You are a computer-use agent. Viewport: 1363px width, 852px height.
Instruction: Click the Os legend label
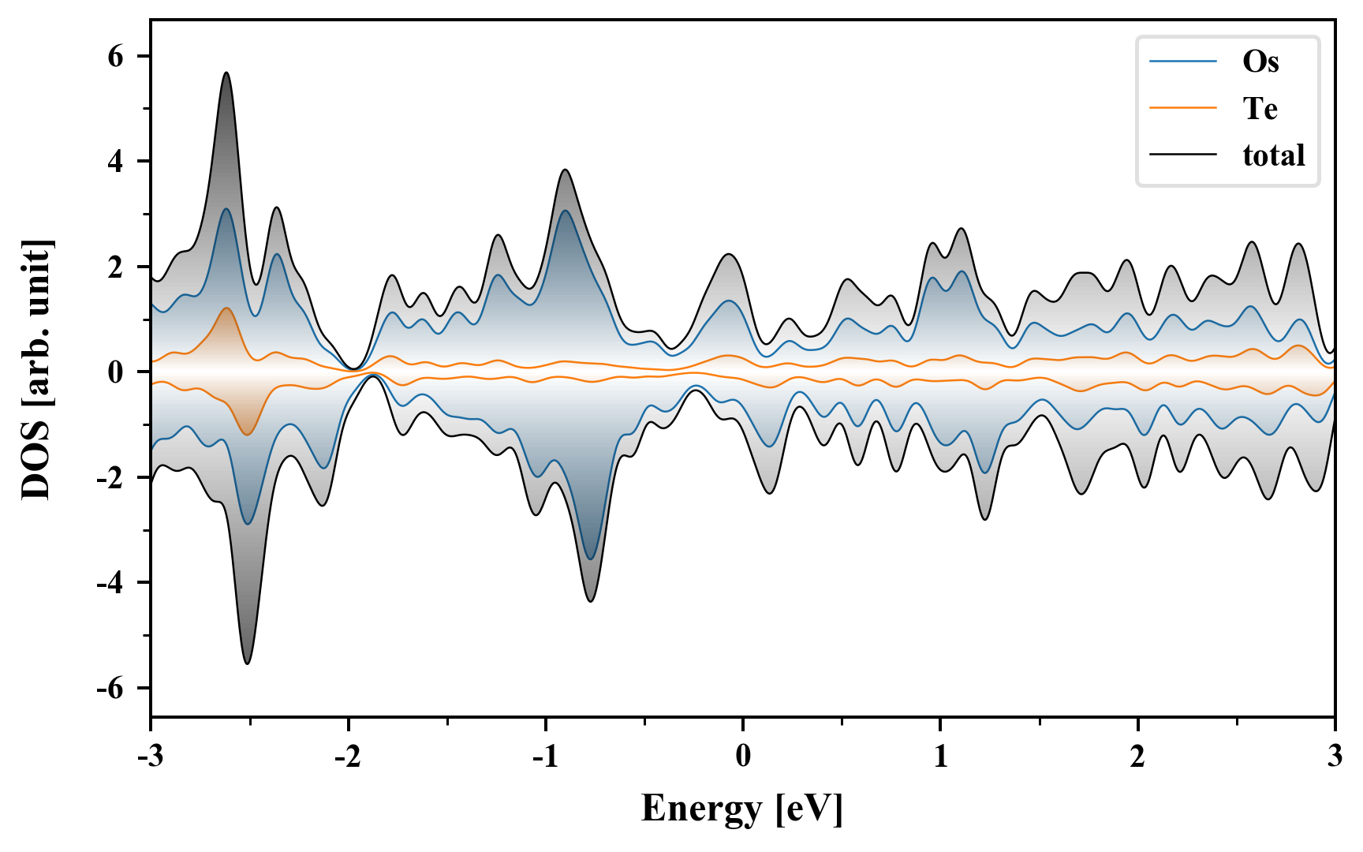click(1260, 62)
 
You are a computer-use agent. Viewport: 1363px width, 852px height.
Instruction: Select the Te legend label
click(1260, 108)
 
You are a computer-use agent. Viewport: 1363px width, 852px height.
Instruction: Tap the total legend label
click(1274, 155)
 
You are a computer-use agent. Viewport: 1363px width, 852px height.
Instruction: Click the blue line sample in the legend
click(1183, 62)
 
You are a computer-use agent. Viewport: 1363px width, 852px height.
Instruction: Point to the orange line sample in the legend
click(1183, 108)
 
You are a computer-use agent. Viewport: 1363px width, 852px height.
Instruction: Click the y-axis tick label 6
click(117, 57)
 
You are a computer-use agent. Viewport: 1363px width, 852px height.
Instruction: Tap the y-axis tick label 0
click(117, 372)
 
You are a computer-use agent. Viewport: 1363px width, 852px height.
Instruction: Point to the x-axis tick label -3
click(151, 757)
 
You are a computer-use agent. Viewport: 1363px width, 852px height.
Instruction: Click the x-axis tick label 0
click(743, 757)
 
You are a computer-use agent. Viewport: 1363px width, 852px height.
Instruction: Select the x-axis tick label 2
click(1137, 757)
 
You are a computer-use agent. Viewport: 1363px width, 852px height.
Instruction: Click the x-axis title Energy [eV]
click(742, 809)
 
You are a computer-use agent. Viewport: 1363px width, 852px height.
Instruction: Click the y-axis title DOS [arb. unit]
click(36, 369)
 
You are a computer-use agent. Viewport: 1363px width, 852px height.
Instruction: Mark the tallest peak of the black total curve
click(226, 73)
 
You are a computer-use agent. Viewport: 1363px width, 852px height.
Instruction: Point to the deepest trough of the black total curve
click(247, 663)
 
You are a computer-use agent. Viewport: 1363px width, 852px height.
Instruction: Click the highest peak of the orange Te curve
click(227, 308)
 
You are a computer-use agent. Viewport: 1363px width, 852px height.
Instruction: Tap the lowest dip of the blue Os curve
click(591, 559)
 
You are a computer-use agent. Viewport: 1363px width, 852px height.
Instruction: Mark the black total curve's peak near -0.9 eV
click(566, 170)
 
